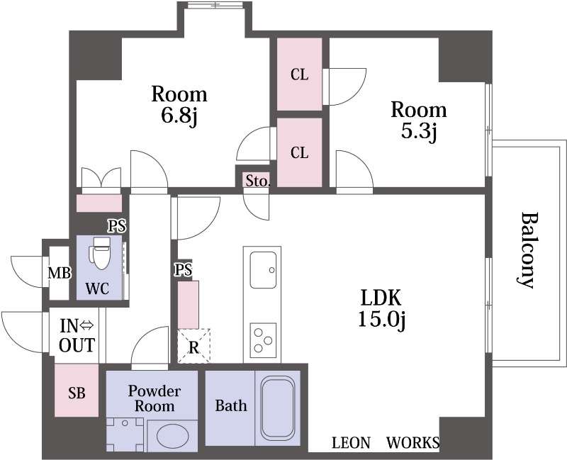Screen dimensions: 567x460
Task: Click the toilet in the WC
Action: pos(99,253)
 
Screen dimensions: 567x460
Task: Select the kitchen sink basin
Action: pos(263,270)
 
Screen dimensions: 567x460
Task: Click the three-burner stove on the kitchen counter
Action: pos(263,340)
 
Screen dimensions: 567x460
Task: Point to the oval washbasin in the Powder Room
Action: pos(172,437)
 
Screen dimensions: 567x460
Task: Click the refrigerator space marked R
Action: pos(193,346)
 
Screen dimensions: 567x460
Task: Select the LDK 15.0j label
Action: pos(381,308)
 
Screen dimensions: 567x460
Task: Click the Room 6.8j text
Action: pos(179,104)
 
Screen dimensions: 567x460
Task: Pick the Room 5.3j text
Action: pos(419,120)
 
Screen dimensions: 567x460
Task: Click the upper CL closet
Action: pos(299,74)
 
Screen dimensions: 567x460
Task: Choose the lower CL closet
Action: pos(299,152)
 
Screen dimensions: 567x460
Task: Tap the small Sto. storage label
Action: pos(258,181)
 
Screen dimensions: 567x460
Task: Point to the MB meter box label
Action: pos(60,273)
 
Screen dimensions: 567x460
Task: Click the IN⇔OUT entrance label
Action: pos(77,335)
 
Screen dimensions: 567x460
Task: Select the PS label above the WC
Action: pos(117,226)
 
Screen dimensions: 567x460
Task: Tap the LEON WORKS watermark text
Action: pos(386,443)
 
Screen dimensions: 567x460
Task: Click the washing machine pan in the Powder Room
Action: pos(125,434)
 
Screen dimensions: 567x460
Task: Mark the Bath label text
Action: pos(231,405)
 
